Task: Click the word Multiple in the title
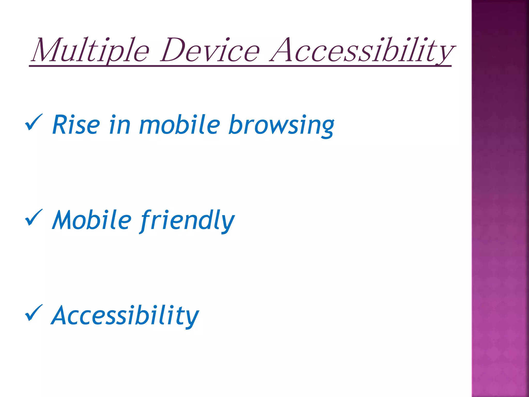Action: pos(90,50)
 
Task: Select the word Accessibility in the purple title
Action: pos(362,50)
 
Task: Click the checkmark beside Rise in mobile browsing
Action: pos(34,123)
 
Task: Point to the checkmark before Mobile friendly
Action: pos(34,218)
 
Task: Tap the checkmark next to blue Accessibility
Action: pos(34,313)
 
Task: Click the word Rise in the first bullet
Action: pos(76,125)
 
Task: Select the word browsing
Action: pos(282,125)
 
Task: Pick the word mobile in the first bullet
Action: pos(180,125)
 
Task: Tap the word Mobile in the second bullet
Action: pos(92,220)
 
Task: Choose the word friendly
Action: pos(187,220)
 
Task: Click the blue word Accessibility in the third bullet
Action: pos(125,316)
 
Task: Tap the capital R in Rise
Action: pos(60,125)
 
